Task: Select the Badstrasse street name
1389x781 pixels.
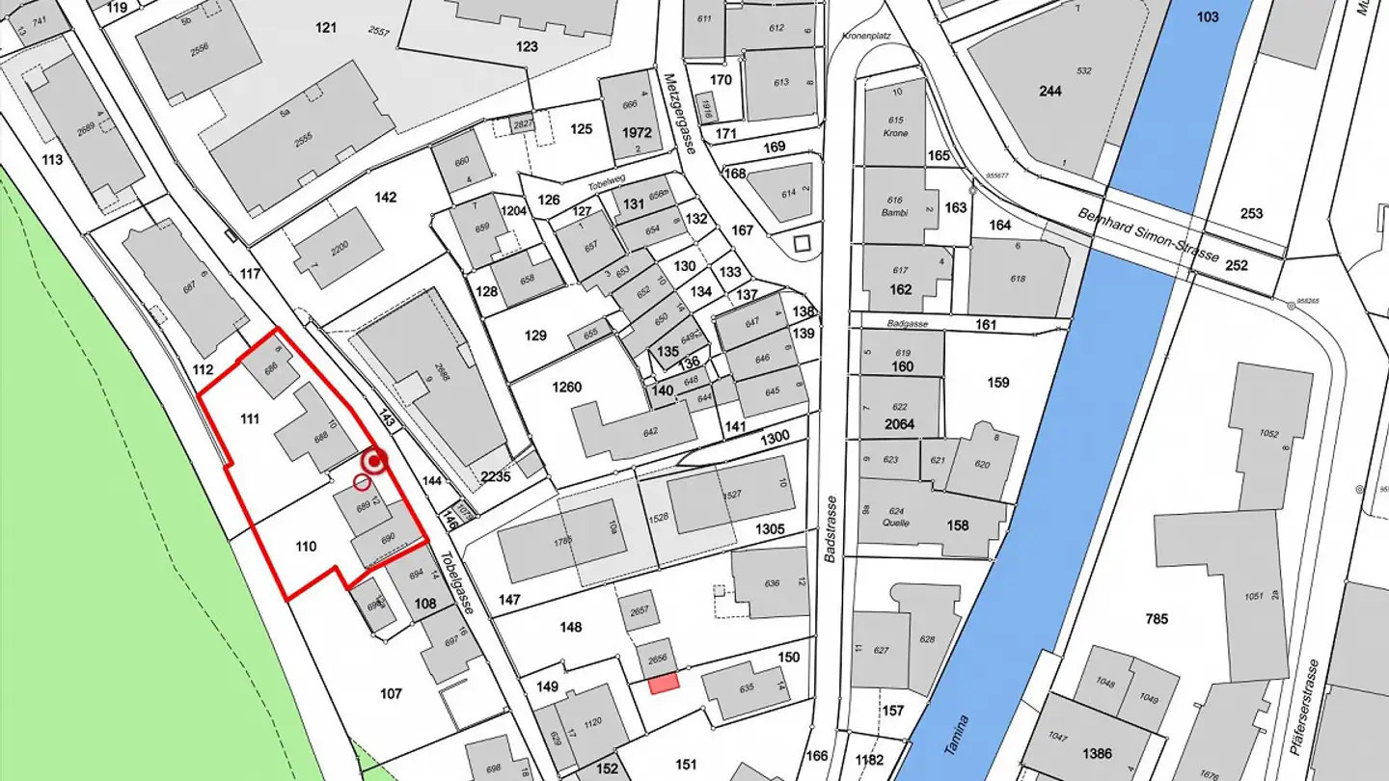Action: tap(830, 529)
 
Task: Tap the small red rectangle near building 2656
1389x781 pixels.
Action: tap(664, 683)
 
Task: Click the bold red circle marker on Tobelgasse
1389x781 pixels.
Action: tap(374, 462)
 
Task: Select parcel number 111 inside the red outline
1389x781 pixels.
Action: tap(250, 418)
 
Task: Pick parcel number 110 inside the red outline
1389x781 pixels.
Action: tap(306, 547)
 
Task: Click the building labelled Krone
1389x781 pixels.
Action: tap(895, 132)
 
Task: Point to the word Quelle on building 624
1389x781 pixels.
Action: tap(896, 524)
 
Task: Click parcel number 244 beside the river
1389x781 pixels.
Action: tap(1049, 91)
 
